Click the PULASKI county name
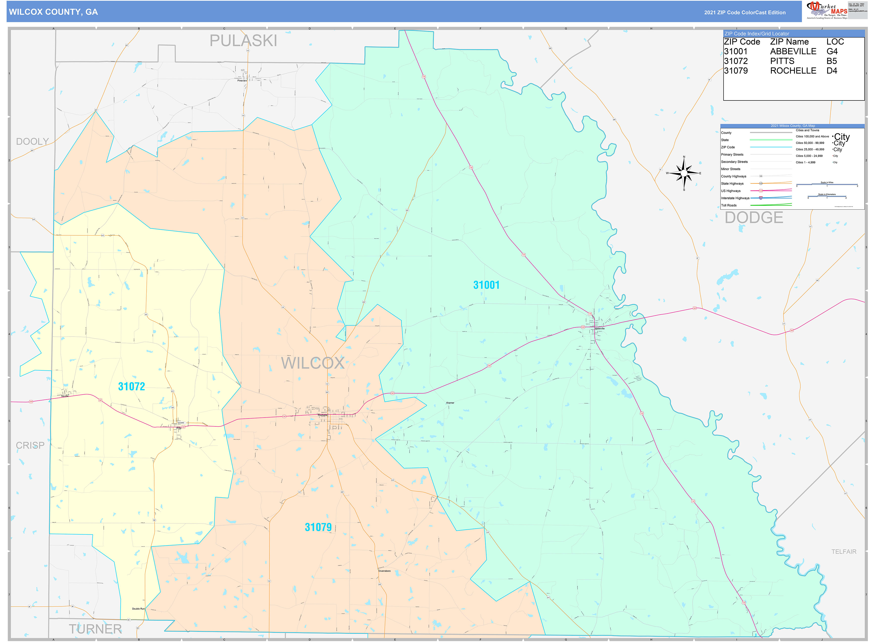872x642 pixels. click(243, 41)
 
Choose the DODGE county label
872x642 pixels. click(753, 218)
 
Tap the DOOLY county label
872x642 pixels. click(32, 141)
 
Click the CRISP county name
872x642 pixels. click(30, 445)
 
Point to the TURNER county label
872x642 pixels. click(95, 629)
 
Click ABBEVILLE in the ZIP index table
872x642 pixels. click(793, 52)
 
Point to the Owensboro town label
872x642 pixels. click(384, 571)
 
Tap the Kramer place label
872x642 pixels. click(450, 403)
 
